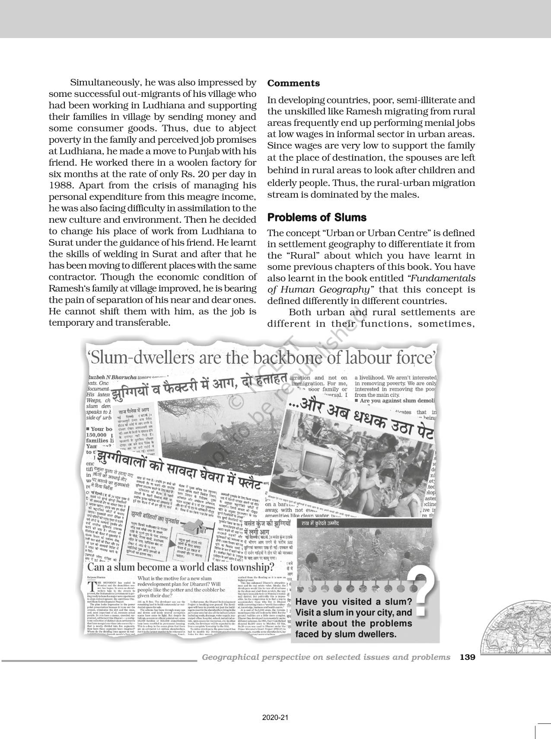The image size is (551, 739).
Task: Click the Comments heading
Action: coord(293,83)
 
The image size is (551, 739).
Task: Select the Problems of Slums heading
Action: coord(317,217)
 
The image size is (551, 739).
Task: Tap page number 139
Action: coord(468,657)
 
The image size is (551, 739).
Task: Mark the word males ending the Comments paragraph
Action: coord(406,194)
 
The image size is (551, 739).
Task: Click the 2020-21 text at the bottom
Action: coord(275,718)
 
